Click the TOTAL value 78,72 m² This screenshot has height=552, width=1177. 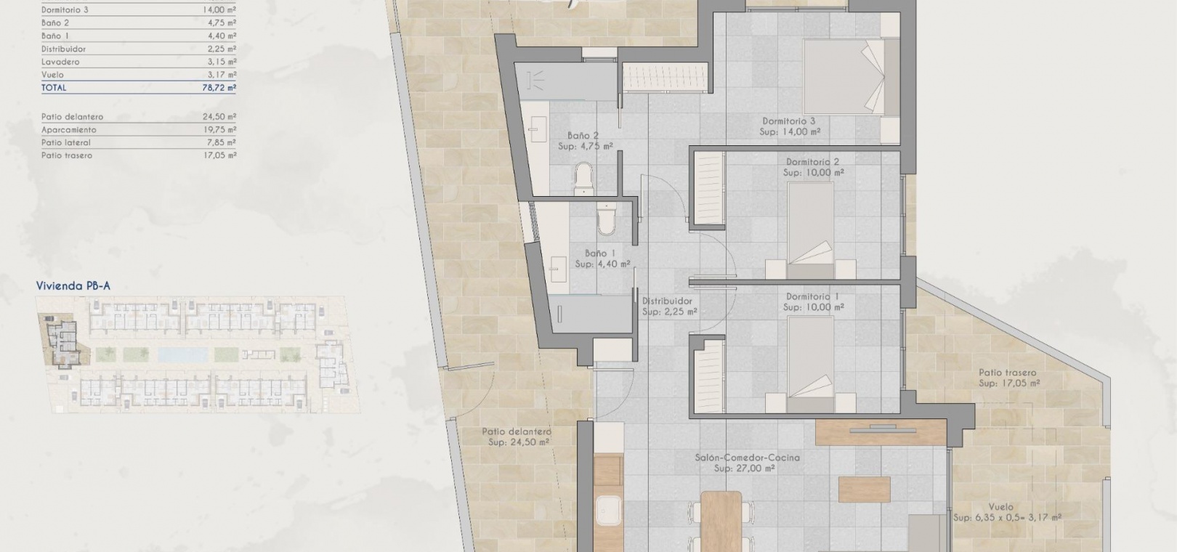coord(219,88)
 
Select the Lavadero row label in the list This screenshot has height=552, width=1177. coord(60,62)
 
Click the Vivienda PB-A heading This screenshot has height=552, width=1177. coord(73,285)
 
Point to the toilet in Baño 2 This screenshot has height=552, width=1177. coord(583,179)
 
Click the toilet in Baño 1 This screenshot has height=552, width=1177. coord(607,219)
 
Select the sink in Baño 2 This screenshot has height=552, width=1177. coord(538,129)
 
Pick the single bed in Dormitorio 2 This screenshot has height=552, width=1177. coord(810,230)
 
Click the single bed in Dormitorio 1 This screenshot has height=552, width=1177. coord(810,364)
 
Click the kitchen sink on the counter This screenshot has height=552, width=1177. coord(608,510)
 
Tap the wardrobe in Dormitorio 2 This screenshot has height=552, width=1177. coord(709,189)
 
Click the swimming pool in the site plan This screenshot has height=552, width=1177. coord(182,354)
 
